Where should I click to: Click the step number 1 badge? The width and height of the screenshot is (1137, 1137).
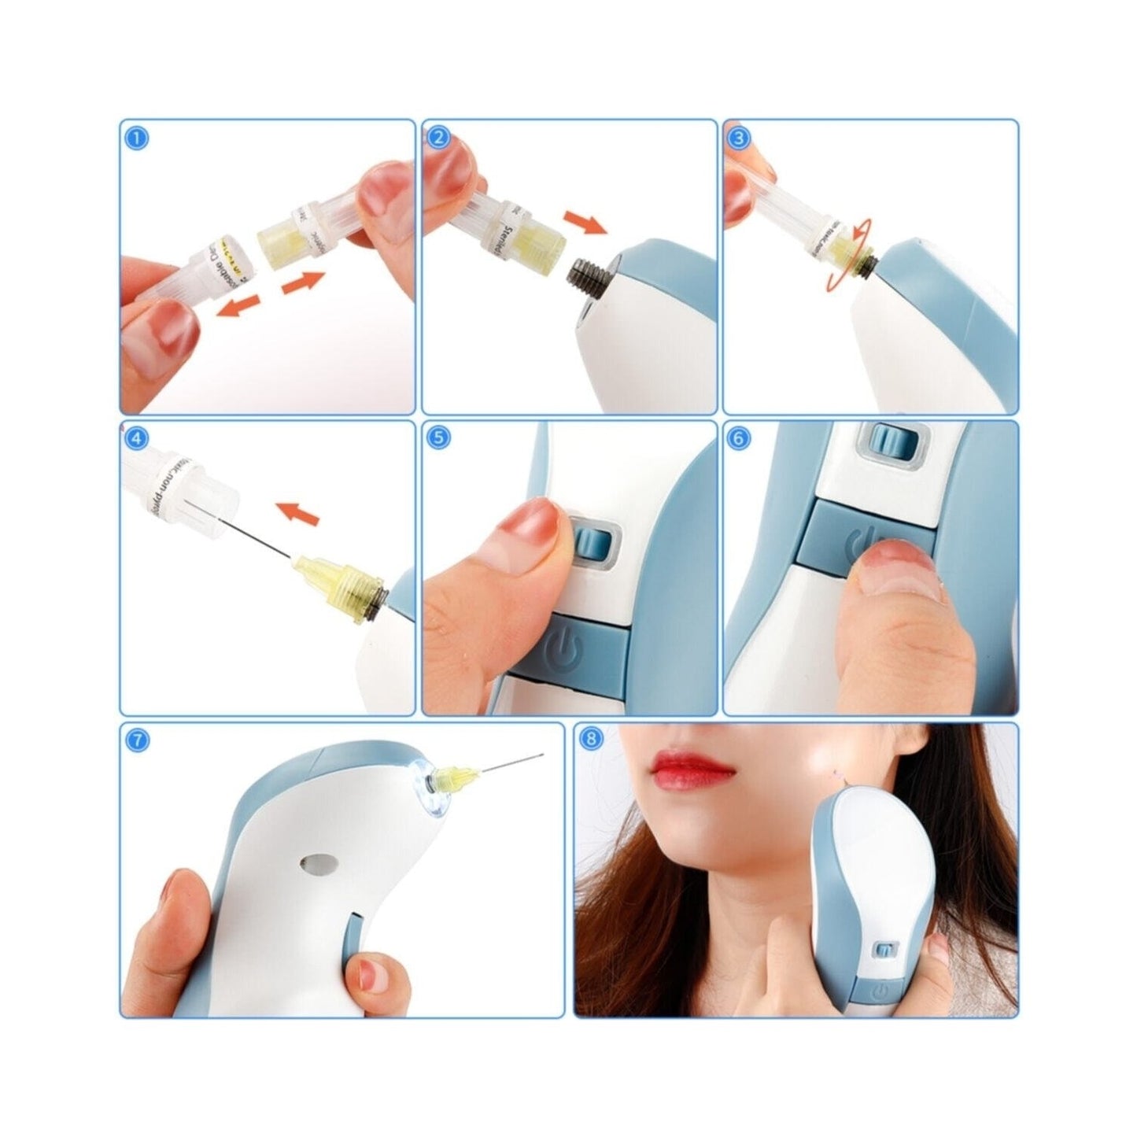(137, 138)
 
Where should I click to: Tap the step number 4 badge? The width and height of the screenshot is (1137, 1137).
(137, 439)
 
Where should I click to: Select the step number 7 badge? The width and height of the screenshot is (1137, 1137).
(137, 740)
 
